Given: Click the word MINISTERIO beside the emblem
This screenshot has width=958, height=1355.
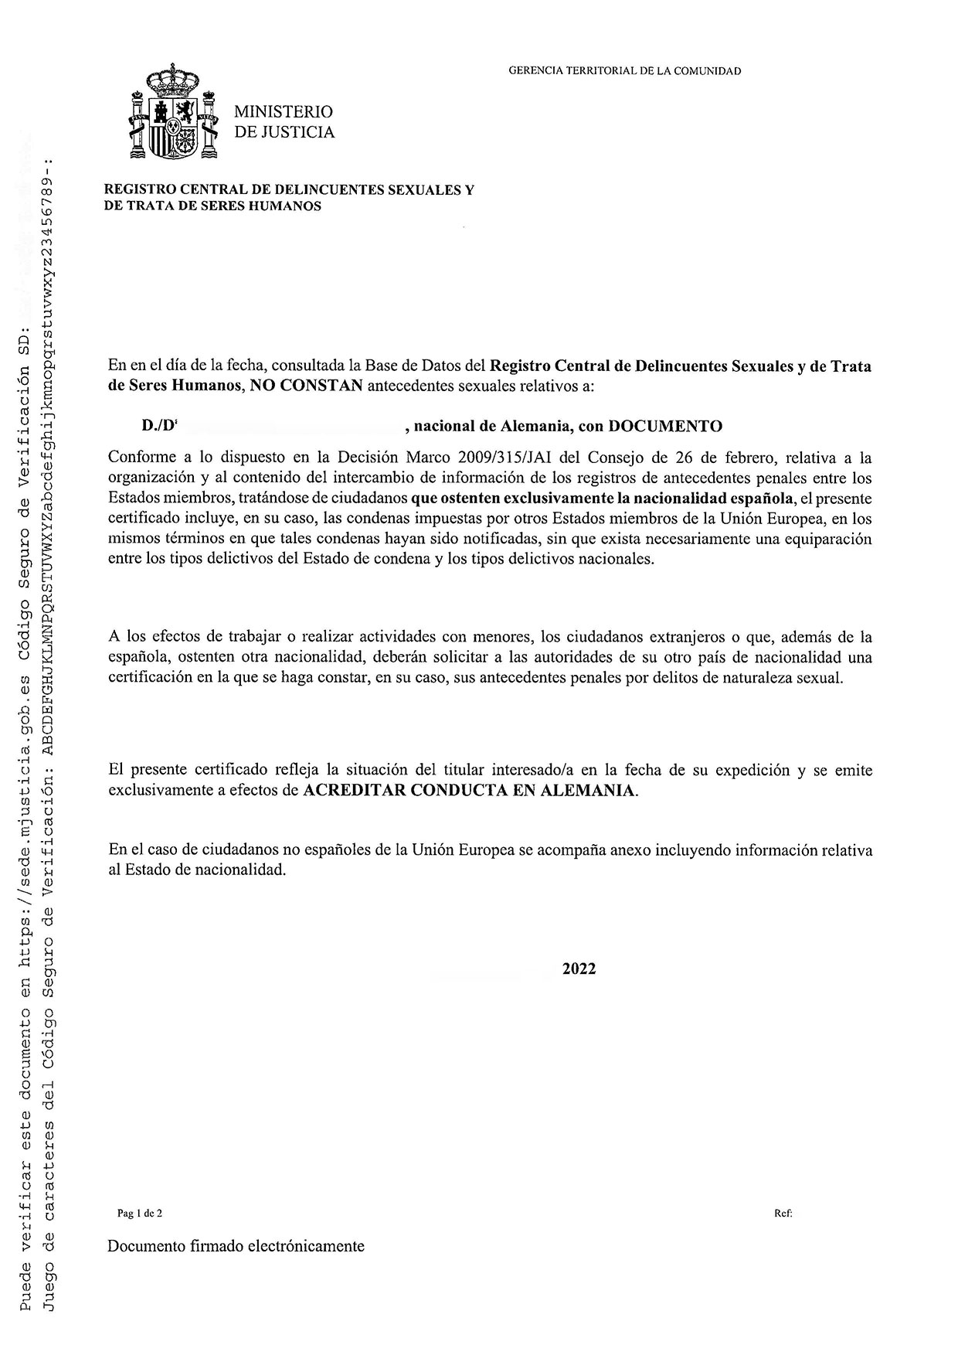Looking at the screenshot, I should tap(284, 113).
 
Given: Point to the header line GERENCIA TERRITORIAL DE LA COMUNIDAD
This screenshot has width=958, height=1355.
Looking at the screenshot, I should tap(624, 71).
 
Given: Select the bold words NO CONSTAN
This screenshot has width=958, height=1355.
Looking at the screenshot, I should tap(307, 386).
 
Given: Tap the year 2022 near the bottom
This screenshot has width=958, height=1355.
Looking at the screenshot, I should tap(579, 969).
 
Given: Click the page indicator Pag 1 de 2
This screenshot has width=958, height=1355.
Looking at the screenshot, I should tap(140, 1214).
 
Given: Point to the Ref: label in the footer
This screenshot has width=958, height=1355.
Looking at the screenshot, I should tap(783, 1214).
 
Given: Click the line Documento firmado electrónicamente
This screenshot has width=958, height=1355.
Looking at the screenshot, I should tap(236, 1246).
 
